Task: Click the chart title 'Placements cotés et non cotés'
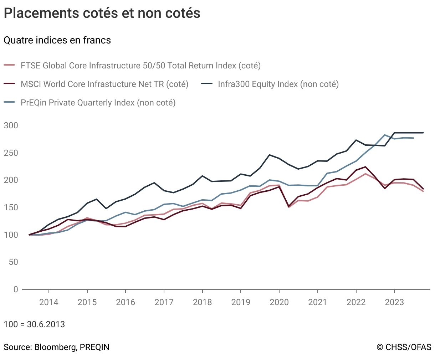[102, 13]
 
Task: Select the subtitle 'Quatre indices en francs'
[57, 40]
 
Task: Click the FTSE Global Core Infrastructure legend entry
[140, 66]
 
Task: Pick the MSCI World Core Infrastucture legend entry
[104, 84]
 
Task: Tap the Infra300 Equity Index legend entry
[278, 84]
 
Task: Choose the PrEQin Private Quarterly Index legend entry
[98, 103]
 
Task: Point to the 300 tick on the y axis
[11, 125]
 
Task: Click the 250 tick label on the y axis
[11, 153]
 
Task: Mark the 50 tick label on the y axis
[13, 262]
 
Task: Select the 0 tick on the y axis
[16, 289]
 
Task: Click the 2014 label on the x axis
[49, 302]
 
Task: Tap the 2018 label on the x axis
[203, 302]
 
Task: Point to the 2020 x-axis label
[279, 302]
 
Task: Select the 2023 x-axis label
[394, 302]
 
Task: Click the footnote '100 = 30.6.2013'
[34, 324]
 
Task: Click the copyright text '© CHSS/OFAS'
[404, 347]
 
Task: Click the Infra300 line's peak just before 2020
[270, 155]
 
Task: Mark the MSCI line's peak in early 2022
[365, 167]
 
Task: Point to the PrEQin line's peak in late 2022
[385, 135]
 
